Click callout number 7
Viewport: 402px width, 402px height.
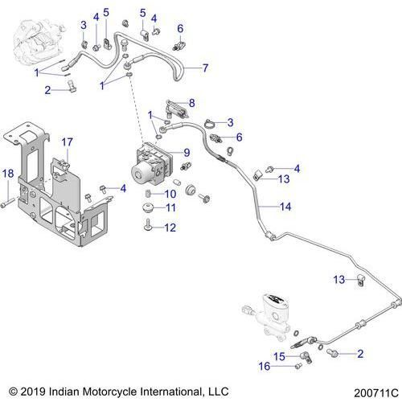[205, 68]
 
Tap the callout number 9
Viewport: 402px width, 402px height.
[187, 153]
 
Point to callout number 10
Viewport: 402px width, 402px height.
[170, 194]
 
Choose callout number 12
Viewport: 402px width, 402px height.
[170, 228]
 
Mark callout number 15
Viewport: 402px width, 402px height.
[279, 356]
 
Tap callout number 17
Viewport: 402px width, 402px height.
[68, 142]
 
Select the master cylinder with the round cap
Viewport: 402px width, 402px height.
[266, 315]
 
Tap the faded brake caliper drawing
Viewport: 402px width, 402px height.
[33, 40]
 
